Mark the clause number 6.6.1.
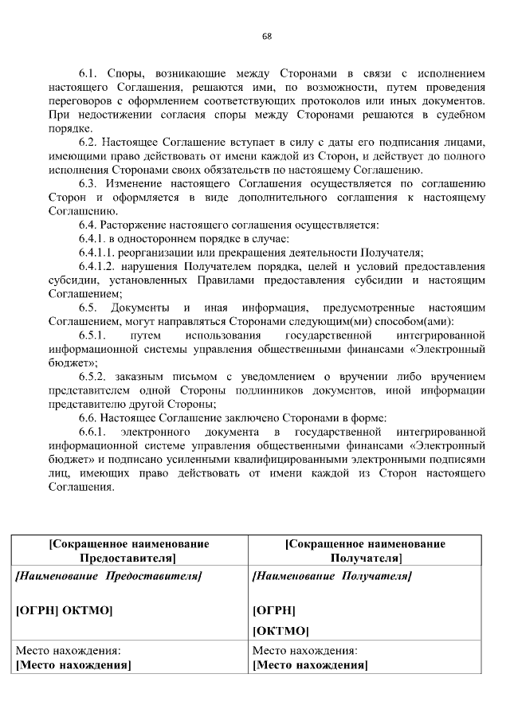[x=93, y=432]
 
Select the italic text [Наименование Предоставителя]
[x=109, y=575]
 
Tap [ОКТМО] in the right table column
[x=280, y=631]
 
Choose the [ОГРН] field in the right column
[x=273, y=611]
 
